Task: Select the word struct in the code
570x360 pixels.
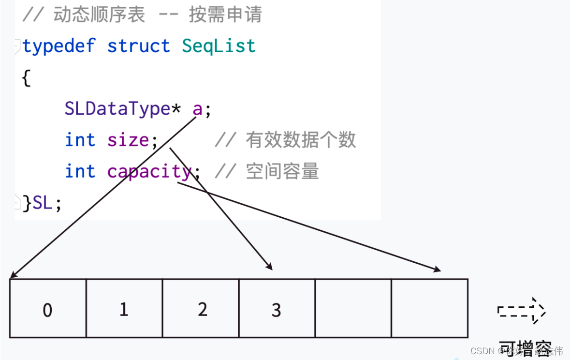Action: (x=138, y=46)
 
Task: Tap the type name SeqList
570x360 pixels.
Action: (x=219, y=46)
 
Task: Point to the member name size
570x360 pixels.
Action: (x=128, y=140)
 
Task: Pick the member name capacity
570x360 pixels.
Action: (x=149, y=171)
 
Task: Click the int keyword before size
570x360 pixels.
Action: (x=80, y=140)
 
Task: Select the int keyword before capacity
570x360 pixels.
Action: (x=80, y=171)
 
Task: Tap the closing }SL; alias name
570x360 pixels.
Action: (x=42, y=203)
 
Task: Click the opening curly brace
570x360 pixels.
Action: (x=26, y=77)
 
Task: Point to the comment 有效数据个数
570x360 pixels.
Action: (x=300, y=140)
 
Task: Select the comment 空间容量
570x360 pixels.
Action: (x=282, y=171)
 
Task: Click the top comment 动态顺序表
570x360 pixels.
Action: (x=99, y=15)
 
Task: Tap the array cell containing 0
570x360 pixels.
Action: (x=48, y=308)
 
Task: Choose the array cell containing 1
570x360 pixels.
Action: (x=124, y=308)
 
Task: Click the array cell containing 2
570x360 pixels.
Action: (x=201, y=308)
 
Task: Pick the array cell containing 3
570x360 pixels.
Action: (x=277, y=308)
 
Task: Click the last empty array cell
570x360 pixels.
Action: (x=429, y=308)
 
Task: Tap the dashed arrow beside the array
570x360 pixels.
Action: (x=521, y=310)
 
